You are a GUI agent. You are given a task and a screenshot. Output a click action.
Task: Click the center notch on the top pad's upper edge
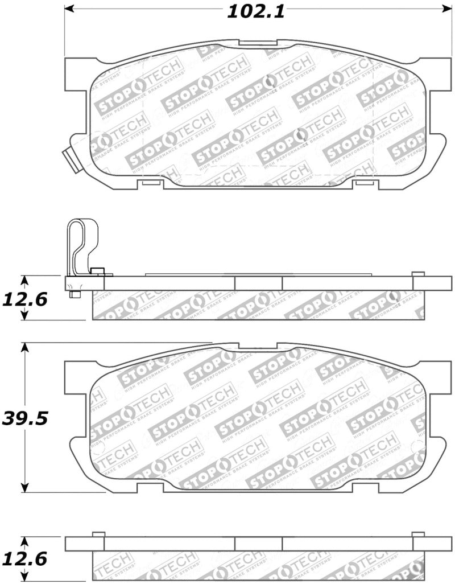257,42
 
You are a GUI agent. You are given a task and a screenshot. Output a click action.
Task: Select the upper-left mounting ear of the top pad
78,74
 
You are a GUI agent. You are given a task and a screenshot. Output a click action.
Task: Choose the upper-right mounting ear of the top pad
433,74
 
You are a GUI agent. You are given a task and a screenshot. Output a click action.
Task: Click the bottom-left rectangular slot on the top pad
151,183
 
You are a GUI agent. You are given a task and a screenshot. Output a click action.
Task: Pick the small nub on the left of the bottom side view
97,534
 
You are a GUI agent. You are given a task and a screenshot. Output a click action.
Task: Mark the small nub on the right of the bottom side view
418,534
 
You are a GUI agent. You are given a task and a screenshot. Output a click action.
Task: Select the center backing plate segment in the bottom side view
258,544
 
